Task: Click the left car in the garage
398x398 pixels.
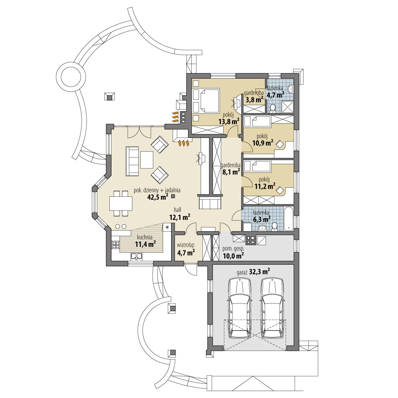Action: click(x=239, y=308)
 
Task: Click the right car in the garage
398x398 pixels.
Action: click(x=272, y=308)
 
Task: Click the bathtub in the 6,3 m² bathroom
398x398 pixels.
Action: click(x=288, y=219)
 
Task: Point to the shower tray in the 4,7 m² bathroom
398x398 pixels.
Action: click(x=288, y=107)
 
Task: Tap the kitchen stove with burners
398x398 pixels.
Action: click(x=116, y=245)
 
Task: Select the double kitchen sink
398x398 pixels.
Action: click(x=137, y=256)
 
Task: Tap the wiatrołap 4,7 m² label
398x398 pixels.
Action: click(x=185, y=249)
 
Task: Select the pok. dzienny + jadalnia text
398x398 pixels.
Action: click(x=157, y=190)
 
